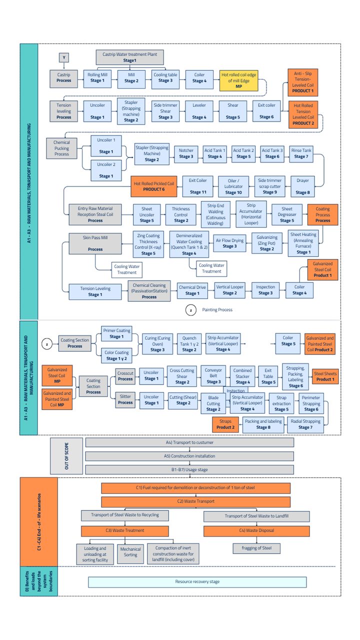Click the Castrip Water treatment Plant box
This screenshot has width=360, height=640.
(x=129, y=56)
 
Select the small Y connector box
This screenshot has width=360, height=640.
(x=64, y=58)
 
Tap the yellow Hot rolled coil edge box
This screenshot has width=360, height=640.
(x=239, y=80)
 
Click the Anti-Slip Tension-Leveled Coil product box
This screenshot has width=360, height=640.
(x=303, y=81)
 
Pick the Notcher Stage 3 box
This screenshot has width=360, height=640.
(x=186, y=153)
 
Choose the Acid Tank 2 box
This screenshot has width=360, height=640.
(x=243, y=153)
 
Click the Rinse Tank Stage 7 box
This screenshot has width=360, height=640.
(x=301, y=153)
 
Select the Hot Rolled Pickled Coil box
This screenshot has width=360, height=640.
(x=153, y=186)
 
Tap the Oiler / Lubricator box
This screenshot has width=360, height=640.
(x=233, y=186)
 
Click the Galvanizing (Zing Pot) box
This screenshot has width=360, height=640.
(x=266, y=243)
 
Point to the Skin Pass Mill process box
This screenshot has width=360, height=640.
(x=95, y=243)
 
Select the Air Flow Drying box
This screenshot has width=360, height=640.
(x=229, y=243)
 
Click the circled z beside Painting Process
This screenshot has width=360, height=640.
(x=190, y=310)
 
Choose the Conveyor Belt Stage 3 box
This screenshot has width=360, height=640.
(x=213, y=376)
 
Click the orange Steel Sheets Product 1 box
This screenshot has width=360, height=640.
(x=324, y=376)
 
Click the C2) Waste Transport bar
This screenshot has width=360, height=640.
(x=195, y=501)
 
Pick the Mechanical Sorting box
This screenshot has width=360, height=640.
(x=130, y=551)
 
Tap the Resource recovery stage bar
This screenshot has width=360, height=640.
(x=197, y=582)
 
